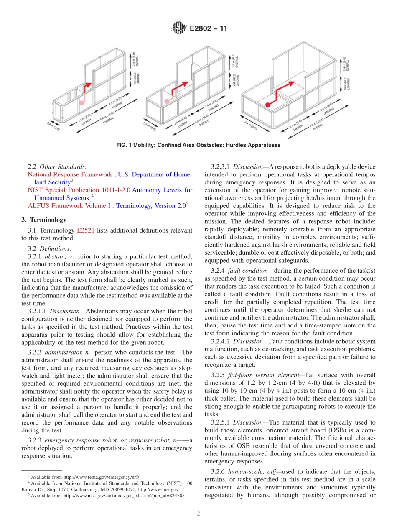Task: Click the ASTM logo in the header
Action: [x=178, y=28]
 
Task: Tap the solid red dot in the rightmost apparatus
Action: [x=267, y=105]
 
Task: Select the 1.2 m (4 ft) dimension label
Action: [x=149, y=126]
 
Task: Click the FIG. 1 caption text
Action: [x=198, y=145]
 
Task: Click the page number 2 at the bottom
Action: [x=198, y=514]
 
